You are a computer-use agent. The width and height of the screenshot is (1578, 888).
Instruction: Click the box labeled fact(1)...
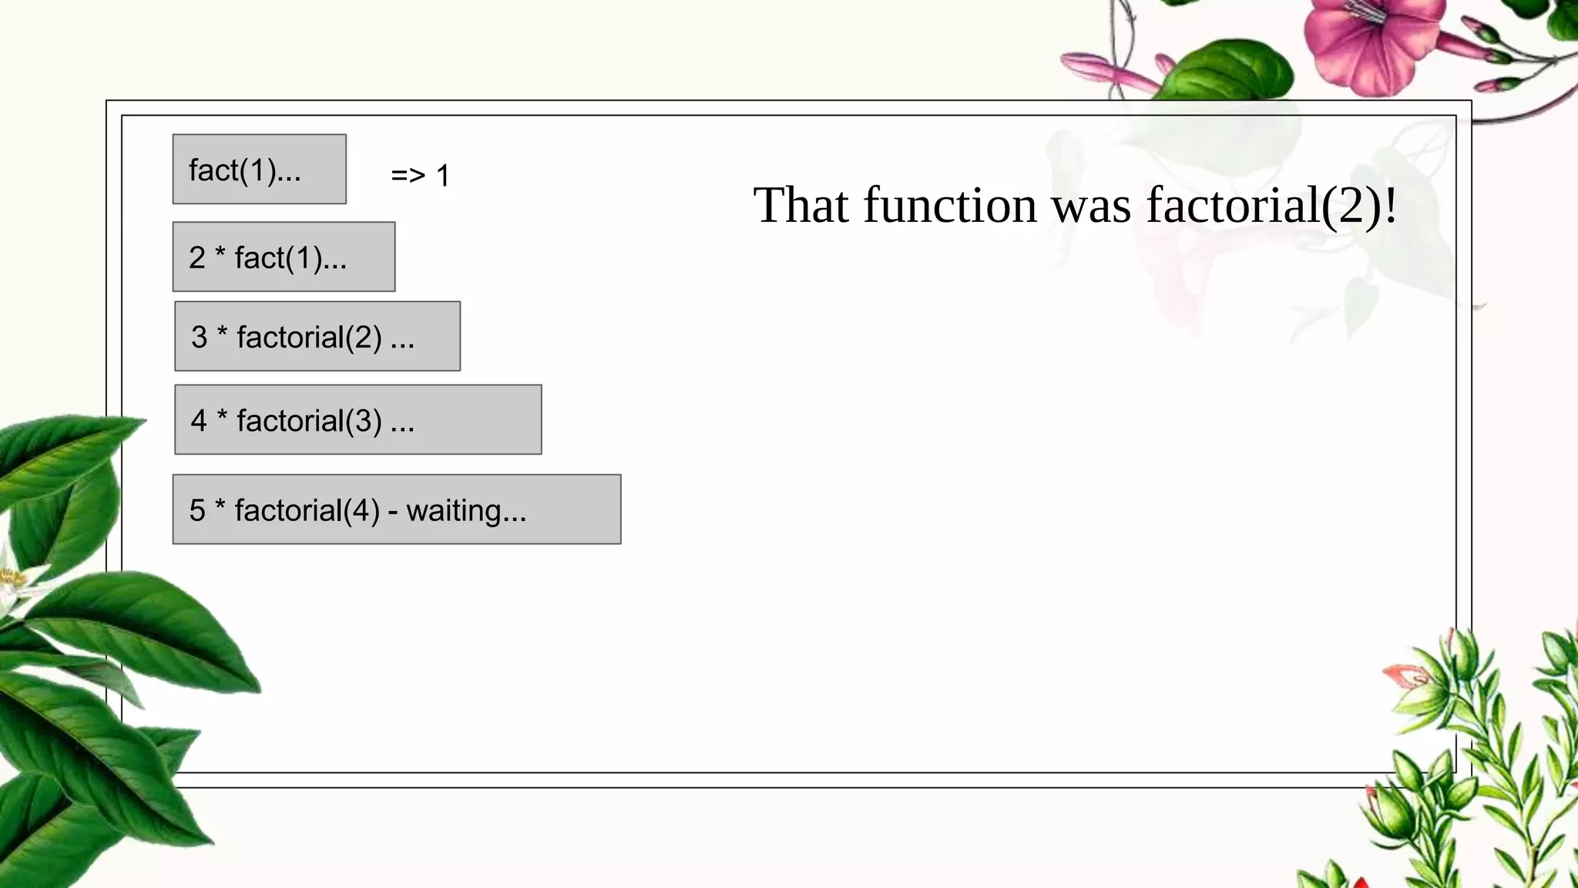point(259,170)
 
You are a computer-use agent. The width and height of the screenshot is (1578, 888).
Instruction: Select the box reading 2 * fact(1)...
point(284,257)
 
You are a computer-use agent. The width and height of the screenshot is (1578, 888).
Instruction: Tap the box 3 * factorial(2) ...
point(317,336)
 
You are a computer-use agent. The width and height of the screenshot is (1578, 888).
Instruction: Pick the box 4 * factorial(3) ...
point(358,419)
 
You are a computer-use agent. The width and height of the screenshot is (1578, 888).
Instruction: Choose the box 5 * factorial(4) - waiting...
point(396,510)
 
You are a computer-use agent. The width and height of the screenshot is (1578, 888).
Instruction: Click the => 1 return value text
point(420,176)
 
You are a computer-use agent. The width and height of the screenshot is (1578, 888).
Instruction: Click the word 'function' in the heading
point(950,206)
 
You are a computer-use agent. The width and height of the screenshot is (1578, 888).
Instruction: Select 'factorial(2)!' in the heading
point(1271,206)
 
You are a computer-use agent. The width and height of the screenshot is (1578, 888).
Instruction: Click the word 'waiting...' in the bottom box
point(466,510)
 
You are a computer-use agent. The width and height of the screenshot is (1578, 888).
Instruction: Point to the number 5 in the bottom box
point(197,510)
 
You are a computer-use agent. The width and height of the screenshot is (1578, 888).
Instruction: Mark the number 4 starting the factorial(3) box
point(199,421)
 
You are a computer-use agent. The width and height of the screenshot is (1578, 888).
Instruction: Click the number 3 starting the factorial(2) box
point(199,337)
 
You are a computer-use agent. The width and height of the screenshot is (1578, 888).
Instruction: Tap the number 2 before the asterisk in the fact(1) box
point(197,257)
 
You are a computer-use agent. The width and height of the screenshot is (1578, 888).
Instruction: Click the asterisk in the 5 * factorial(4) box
point(220,506)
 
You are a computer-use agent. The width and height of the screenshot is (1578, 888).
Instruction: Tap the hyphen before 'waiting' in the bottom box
point(393,512)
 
